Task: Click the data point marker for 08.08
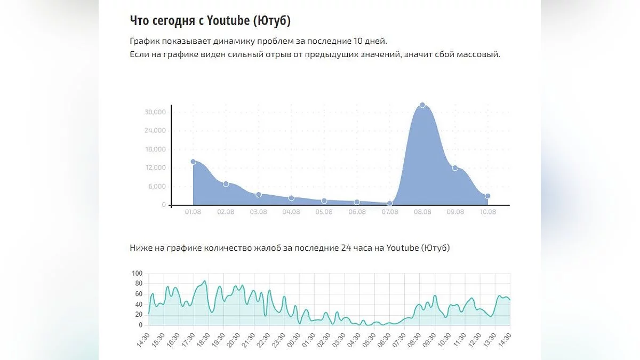(422, 105)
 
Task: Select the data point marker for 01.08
(193, 162)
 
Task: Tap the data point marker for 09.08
(455, 168)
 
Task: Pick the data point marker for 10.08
(487, 196)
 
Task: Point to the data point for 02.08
(226, 184)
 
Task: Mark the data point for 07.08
(390, 203)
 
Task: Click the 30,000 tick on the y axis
(155, 112)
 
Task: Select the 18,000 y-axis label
(155, 149)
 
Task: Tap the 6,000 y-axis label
(157, 187)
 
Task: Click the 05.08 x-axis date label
(324, 212)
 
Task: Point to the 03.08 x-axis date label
(258, 212)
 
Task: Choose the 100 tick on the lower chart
(138, 274)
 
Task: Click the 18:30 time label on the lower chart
(200, 338)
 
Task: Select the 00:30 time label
(291, 338)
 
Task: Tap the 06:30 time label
(381, 338)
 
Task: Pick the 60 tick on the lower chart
(139, 294)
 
